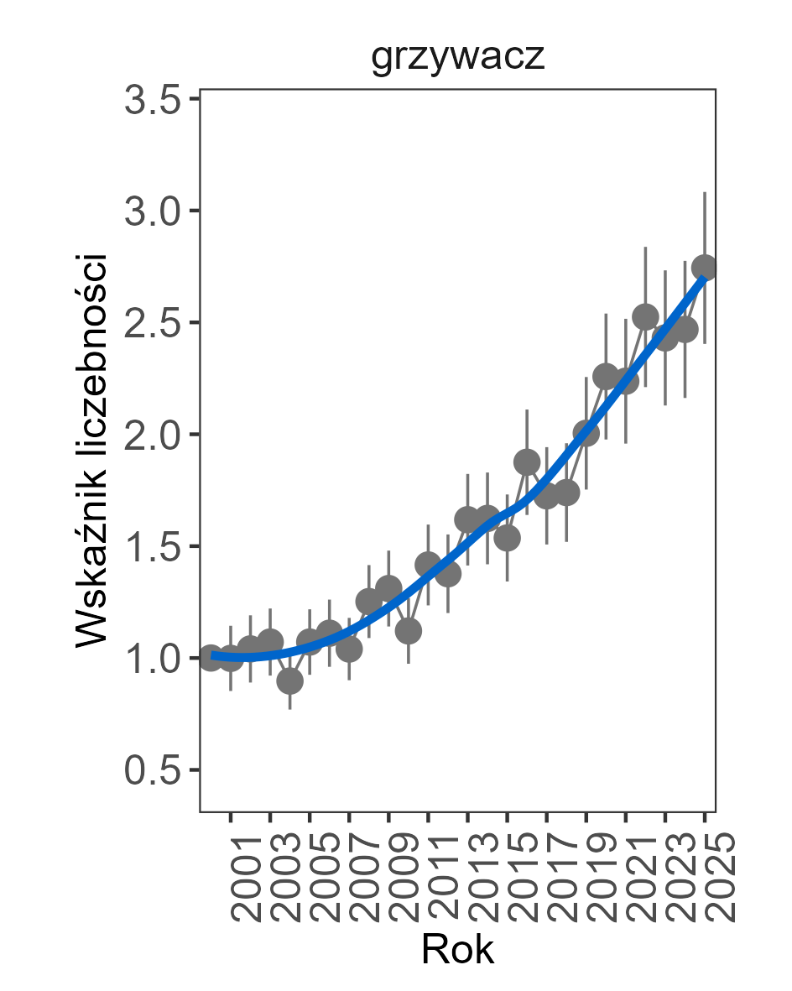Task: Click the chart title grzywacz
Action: tap(458, 59)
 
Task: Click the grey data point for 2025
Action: tap(705, 268)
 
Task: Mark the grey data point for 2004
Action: tap(289, 681)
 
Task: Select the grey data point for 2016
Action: tap(527, 462)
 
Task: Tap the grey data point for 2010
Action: tap(408, 630)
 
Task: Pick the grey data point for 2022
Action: tap(645, 317)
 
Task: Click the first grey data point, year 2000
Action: tap(211, 658)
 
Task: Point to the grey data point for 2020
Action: tap(606, 377)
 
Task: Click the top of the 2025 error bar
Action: tap(705, 192)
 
